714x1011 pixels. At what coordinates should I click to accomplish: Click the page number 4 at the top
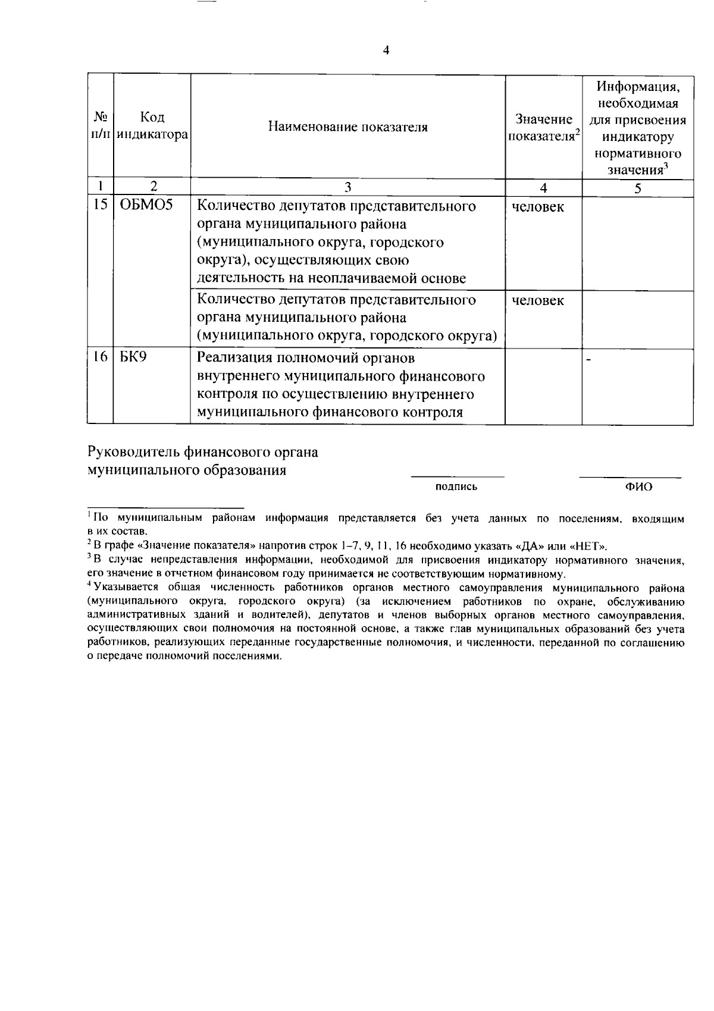click(x=386, y=51)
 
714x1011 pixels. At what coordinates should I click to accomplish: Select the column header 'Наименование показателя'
click(x=347, y=127)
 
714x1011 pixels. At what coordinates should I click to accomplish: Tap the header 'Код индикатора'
click(x=152, y=126)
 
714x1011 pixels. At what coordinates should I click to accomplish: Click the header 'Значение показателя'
click(x=543, y=127)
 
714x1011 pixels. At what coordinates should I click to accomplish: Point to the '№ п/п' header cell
click(x=100, y=126)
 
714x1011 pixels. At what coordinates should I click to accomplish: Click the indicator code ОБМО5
click(x=146, y=206)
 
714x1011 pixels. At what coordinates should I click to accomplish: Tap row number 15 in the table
click(x=100, y=206)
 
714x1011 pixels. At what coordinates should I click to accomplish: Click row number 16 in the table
click(x=100, y=358)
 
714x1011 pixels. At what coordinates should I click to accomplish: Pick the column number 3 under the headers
click(x=347, y=188)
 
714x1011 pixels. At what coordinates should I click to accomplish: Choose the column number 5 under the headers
click(x=637, y=188)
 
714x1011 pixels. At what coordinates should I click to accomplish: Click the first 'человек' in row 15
click(x=538, y=208)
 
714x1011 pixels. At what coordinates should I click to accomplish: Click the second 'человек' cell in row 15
click(x=538, y=301)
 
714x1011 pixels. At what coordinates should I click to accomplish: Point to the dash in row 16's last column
click(x=589, y=359)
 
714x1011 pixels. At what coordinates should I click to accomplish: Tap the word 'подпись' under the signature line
click(x=456, y=487)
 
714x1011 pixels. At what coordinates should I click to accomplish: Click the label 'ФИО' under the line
click(x=638, y=487)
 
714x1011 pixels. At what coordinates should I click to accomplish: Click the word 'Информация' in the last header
click(x=638, y=87)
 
